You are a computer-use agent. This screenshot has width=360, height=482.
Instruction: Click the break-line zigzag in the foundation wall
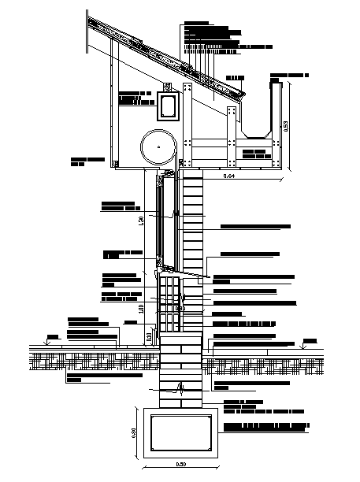point(183,387)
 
